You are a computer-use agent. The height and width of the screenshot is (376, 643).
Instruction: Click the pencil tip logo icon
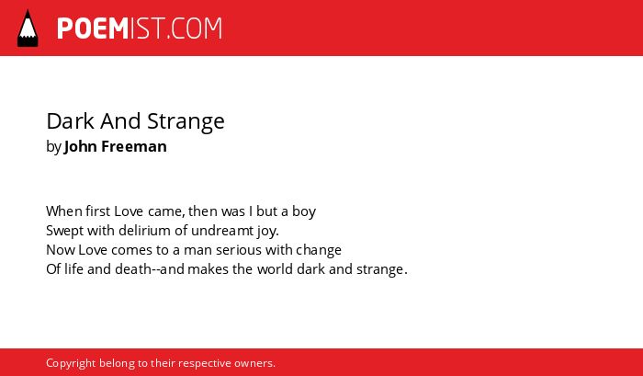pyautogui.click(x=28, y=28)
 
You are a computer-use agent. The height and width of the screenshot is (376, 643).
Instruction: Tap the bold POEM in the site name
pyautogui.click(x=93, y=28)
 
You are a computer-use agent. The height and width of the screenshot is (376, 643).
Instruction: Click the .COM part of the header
pyautogui.click(x=194, y=28)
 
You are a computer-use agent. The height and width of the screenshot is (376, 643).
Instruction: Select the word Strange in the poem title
pyautogui.click(x=186, y=121)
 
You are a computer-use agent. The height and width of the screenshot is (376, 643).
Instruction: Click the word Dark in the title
pyautogui.click(x=71, y=121)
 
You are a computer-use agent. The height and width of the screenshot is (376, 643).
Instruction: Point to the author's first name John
pyautogui.click(x=81, y=146)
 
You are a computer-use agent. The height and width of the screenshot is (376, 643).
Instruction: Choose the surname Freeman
pyautogui.click(x=134, y=146)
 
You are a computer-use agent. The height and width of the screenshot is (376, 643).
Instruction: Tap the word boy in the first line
pyautogui.click(x=304, y=212)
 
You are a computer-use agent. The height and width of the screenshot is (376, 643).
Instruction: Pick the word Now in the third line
pyautogui.click(x=61, y=250)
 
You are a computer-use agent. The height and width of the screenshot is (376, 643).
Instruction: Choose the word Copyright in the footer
pyautogui.click(x=71, y=364)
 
